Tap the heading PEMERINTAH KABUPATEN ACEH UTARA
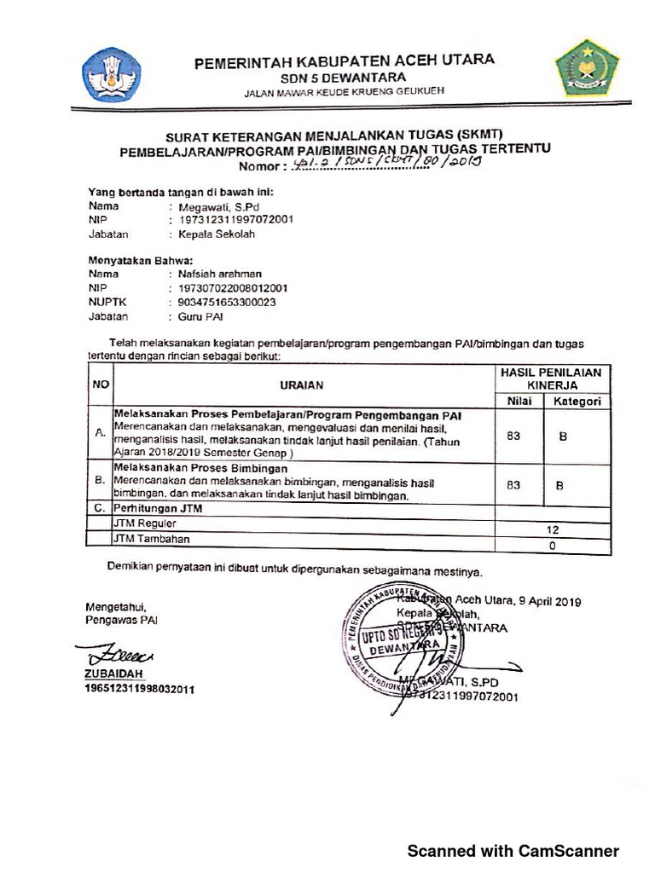coord(344,61)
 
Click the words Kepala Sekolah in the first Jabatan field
coord(216,234)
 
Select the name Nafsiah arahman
coord(220,274)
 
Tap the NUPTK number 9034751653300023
coord(228,302)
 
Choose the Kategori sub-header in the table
coord(577,401)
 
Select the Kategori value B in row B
coord(560,485)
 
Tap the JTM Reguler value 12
coord(553,529)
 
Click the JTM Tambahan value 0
coord(553,545)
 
